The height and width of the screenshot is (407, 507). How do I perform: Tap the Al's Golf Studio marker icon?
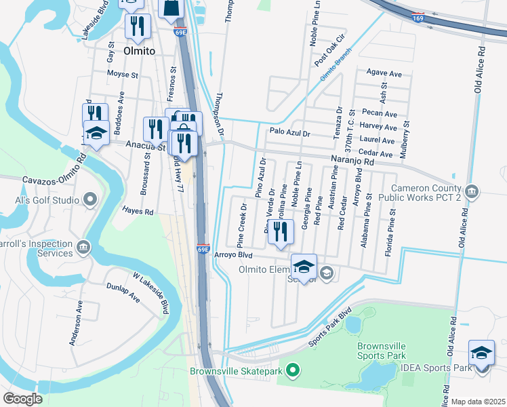coord(89,199)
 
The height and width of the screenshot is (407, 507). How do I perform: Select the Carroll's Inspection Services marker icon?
coord(83,245)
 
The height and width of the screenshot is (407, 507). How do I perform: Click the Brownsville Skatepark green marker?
coord(293,370)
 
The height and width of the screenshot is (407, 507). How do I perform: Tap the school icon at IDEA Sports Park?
coord(481,354)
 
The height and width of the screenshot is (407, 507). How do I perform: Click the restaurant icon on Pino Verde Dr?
coord(281,231)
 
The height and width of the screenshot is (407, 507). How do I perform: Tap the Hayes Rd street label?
coord(138,212)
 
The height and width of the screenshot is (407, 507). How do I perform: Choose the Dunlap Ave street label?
coord(123,292)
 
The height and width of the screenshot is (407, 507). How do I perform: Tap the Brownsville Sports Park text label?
coord(382,351)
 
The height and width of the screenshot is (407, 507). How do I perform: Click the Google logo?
coord(22,399)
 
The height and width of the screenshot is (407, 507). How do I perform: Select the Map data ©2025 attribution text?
coord(478,402)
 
